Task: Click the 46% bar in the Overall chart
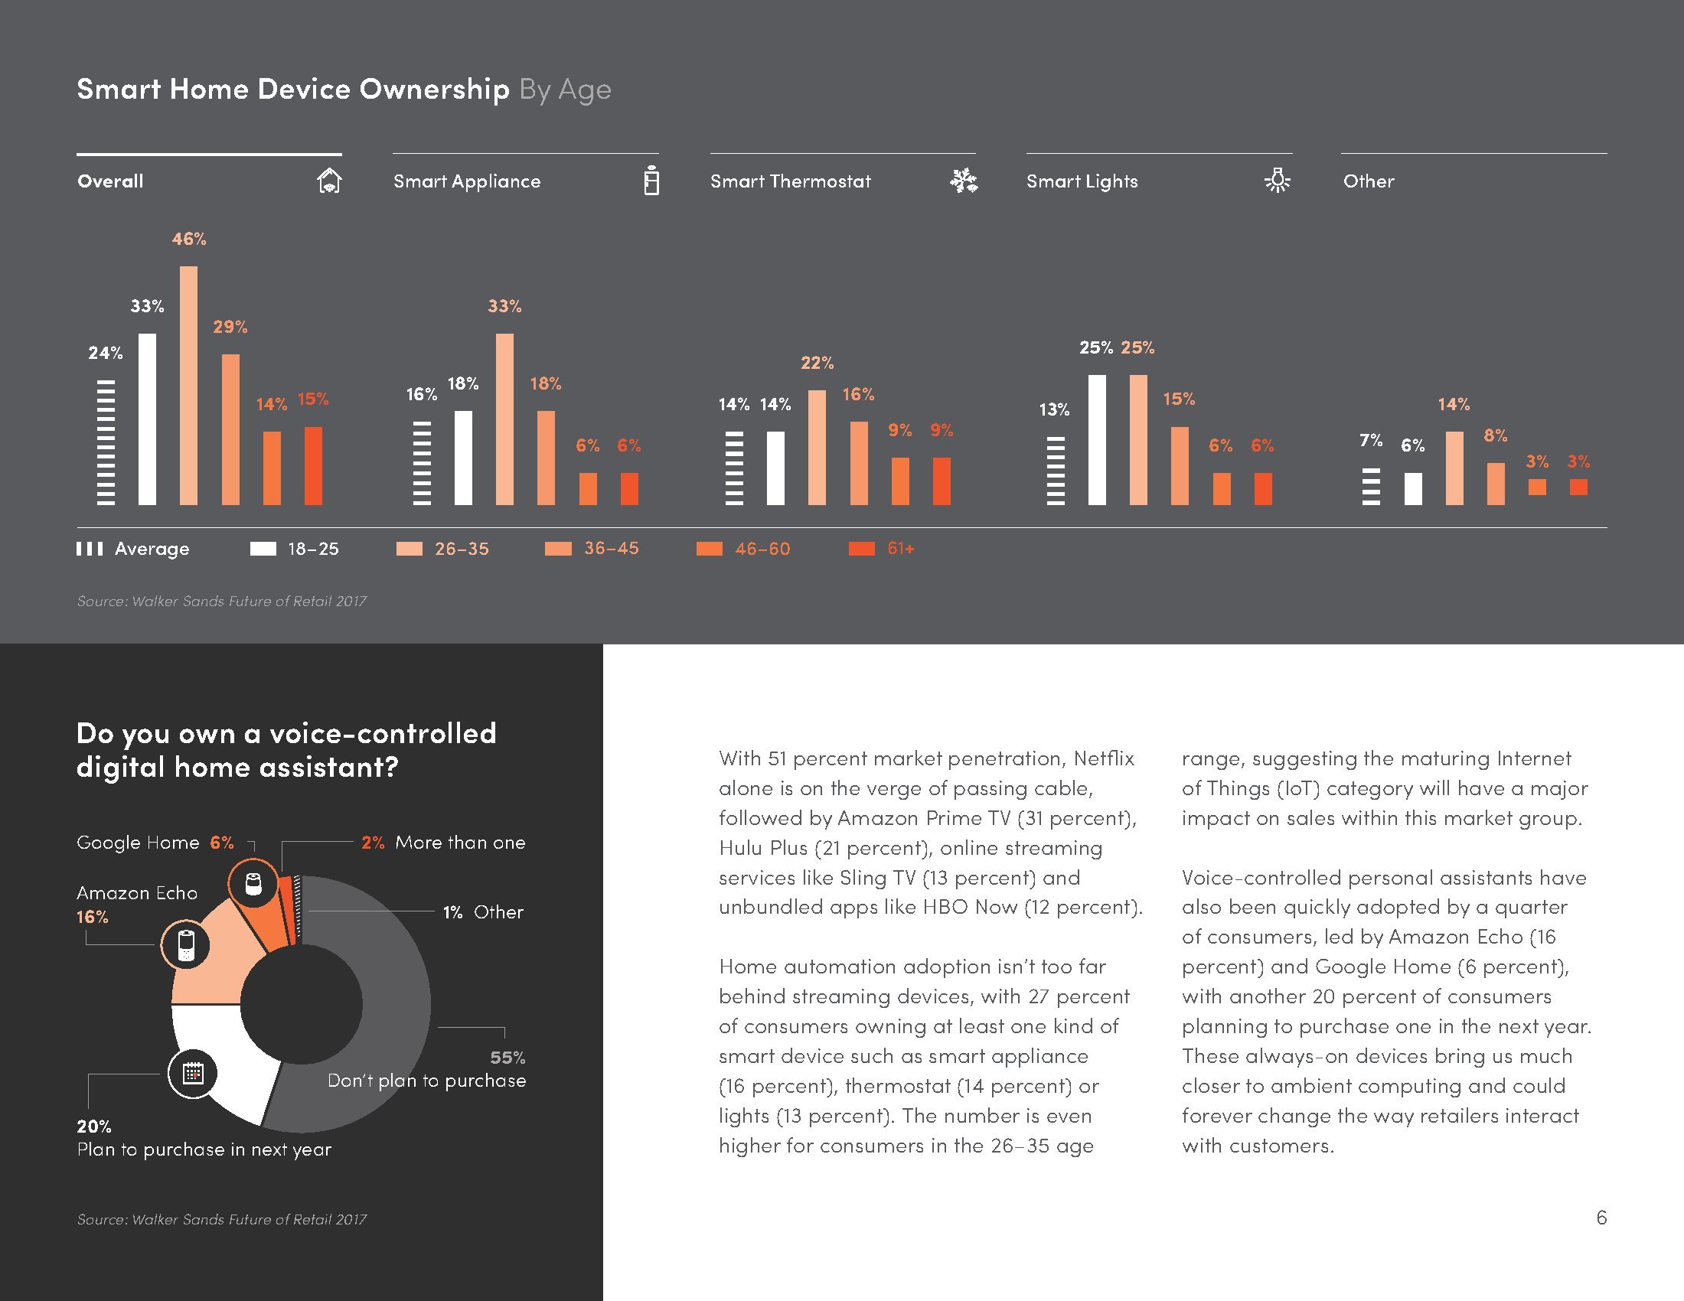pos(188,386)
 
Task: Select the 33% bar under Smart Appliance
pos(504,419)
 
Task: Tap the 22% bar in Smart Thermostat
pos(817,447)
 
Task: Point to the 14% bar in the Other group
pos(1454,468)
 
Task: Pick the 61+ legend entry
pos(882,549)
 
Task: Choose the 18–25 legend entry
pos(295,549)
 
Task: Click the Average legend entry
pos(132,549)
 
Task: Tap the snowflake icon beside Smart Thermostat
pos(963,181)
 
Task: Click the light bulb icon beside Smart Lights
pos(1278,181)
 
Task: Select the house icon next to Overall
pos(329,181)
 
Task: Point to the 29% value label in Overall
pos(230,327)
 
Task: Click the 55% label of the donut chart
pos(507,1058)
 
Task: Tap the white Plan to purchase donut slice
pos(231,1064)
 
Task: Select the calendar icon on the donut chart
pos(193,1073)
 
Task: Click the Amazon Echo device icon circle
pos(185,944)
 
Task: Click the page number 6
pos(1601,1217)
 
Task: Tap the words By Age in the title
pos(565,90)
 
